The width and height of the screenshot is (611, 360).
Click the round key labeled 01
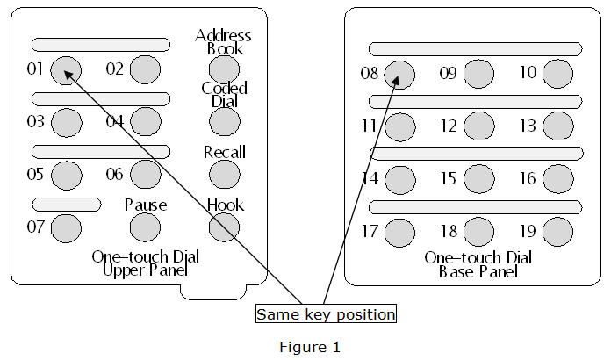click(66, 70)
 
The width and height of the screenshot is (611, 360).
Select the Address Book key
click(224, 68)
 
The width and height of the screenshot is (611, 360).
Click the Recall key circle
click(224, 175)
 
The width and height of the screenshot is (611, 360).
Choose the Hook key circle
click(224, 227)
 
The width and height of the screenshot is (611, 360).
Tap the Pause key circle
click(145, 227)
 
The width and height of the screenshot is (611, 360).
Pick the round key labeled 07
click(66, 228)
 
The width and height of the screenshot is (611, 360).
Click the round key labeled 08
click(399, 74)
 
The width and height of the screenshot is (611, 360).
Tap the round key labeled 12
click(478, 126)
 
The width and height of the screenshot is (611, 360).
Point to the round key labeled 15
click(478, 179)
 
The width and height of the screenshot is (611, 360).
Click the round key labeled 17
click(399, 232)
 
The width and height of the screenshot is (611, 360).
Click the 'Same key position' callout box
click(326, 313)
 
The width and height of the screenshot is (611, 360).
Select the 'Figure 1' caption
click(310, 347)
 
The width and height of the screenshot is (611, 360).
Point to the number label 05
click(34, 174)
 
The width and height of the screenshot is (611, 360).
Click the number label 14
click(369, 178)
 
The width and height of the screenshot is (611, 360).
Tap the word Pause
click(145, 205)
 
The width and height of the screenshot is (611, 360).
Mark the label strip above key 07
click(66, 204)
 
